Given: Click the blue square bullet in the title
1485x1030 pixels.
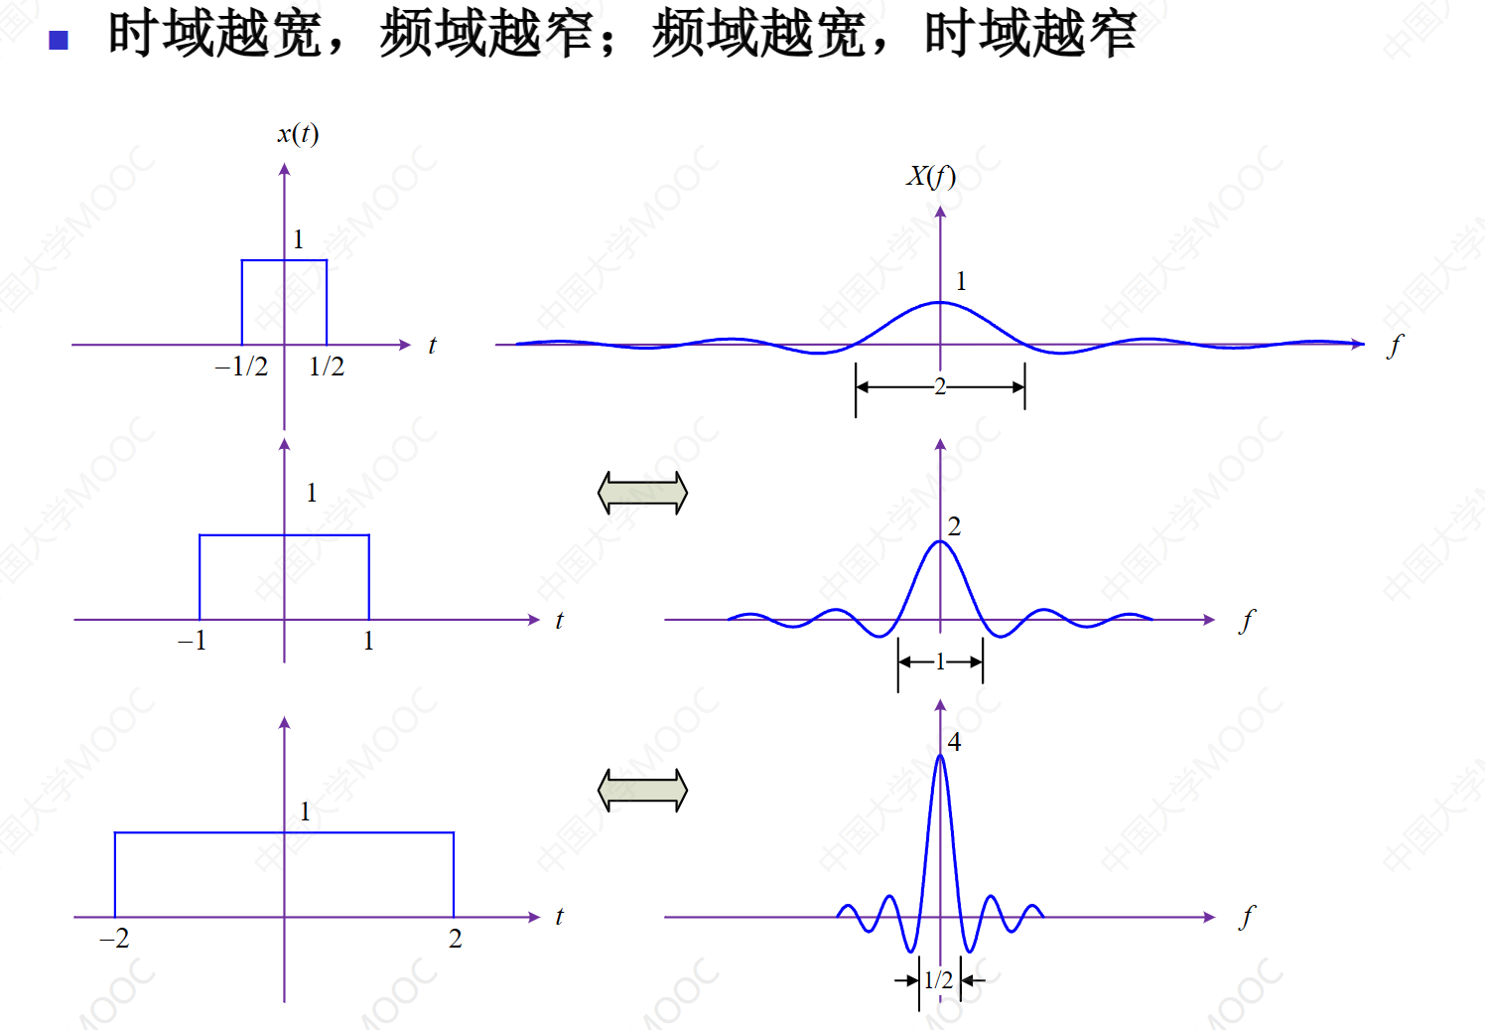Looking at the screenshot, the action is (59, 41).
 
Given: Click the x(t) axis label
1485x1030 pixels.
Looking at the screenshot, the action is (298, 134).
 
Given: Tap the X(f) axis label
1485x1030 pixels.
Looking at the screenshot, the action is (931, 177).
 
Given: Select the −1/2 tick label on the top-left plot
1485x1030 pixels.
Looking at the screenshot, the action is (241, 367).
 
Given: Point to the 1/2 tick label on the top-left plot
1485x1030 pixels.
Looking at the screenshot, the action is (327, 367).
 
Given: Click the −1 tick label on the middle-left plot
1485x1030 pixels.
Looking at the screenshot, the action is (193, 641).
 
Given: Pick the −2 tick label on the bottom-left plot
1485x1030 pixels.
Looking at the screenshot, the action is (114, 939).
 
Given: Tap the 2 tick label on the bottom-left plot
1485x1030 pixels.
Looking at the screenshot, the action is (455, 939).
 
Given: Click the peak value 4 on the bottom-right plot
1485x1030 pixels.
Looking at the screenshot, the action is (954, 742).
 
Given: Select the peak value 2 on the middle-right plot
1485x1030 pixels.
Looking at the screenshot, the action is (954, 526).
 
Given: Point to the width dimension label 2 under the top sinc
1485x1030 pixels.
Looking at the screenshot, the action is (939, 386).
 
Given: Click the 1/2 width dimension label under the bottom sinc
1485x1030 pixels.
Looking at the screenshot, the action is (938, 979).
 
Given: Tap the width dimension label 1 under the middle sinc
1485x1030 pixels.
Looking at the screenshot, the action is (939, 662).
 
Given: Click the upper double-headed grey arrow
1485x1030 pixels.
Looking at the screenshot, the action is (642, 493).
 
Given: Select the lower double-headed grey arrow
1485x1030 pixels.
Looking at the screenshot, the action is (642, 790).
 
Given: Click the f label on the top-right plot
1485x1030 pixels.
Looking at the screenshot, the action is (1395, 347).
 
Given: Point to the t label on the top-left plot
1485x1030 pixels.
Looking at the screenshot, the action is (432, 346).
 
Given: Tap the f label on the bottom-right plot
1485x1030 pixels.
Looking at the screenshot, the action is (1247, 918).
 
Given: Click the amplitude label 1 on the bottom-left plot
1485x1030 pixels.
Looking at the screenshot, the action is (305, 811).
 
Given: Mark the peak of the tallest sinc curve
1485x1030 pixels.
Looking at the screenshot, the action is (940, 755).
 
